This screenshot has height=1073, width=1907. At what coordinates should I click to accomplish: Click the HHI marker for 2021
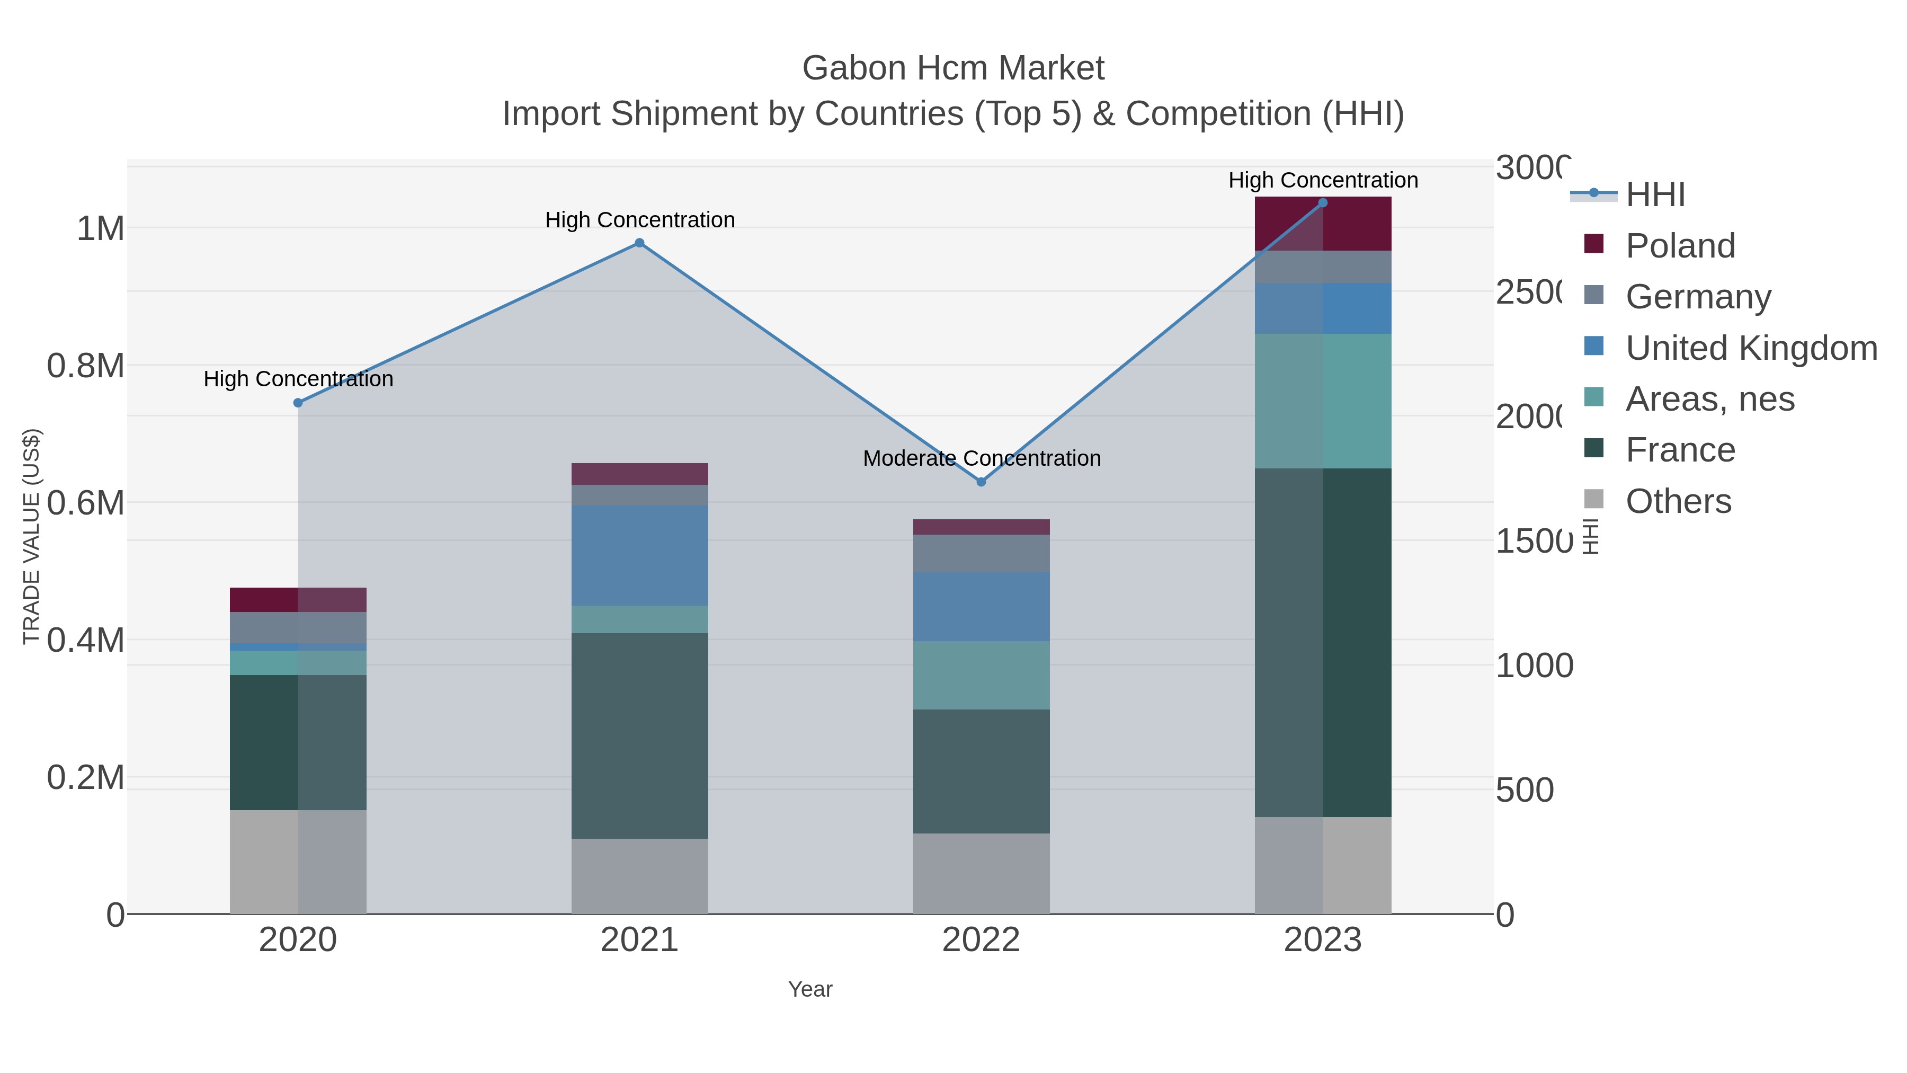pyautogui.click(x=639, y=243)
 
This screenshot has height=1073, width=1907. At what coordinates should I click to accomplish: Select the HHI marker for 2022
pyautogui.click(x=981, y=482)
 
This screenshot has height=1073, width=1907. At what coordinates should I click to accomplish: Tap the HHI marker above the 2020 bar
pyautogui.click(x=298, y=403)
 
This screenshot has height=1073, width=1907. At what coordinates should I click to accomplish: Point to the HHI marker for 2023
pyautogui.click(x=1323, y=203)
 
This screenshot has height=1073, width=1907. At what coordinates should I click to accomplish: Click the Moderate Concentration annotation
pyautogui.click(x=982, y=458)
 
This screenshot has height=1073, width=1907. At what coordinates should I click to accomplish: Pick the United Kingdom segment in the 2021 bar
pyautogui.click(x=639, y=555)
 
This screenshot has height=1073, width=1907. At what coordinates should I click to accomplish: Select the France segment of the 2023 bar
pyautogui.click(x=1323, y=642)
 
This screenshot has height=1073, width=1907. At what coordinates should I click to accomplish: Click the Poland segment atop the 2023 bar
pyautogui.click(x=1323, y=224)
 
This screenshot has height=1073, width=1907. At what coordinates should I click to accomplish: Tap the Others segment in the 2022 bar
pyautogui.click(x=981, y=873)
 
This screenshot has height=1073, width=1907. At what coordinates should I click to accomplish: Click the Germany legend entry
pyautogui.click(x=1698, y=296)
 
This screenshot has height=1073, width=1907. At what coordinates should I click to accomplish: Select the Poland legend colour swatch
pyautogui.click(x=1594, y=244)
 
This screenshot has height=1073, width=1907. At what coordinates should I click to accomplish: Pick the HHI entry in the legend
pyautogui.click(x=1655, y=195)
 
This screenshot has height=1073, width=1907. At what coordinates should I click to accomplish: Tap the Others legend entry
pyautogui.click(x=1678, y=501)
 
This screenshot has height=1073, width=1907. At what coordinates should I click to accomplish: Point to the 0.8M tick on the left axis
pyautogui.click(x=85, y=366)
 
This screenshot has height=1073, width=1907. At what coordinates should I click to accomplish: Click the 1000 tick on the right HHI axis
pyautogui.click(x=1534, y=665)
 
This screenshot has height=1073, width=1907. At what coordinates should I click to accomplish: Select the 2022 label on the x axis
pyautogui.click(x=981, y=939)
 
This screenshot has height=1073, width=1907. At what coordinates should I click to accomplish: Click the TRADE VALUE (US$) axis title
pyautogui.click(x=31, y=536)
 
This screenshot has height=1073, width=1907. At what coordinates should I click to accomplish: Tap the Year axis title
pyautogui.click(x=810, y=989)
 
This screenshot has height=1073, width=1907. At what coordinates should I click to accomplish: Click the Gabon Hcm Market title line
pyautogui.click(x=953, y=68)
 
